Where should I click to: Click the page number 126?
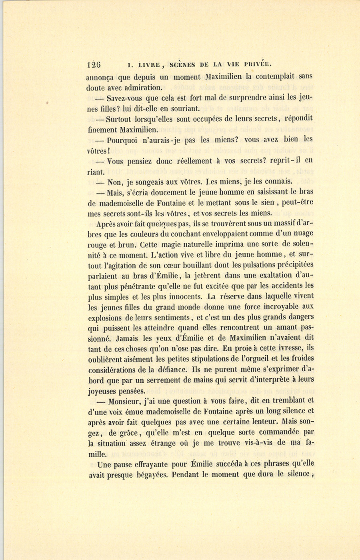(94, 64)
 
